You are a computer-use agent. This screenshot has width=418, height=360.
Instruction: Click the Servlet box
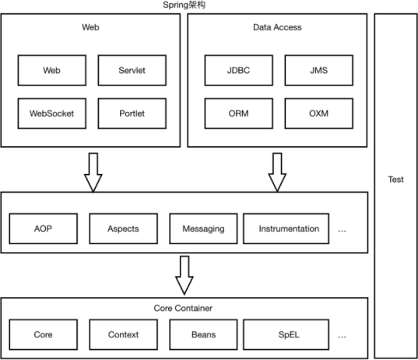pyautogui.click(x=132, y=70)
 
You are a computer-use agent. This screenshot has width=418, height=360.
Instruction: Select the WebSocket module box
pyautogui.click(x=51, y=114)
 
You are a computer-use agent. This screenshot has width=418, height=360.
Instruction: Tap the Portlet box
pyautogui.click(x=132, y=114)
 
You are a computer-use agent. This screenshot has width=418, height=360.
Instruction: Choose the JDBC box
pyautogui.click(x=239, y=70)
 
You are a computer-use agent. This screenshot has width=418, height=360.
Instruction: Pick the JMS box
pyautogui.click(x=319, y=70)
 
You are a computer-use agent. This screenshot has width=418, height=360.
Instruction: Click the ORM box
pyautogui.click(x=239, y=114)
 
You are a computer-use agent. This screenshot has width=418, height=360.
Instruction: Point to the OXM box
pyautogui.click(x=319, y=114)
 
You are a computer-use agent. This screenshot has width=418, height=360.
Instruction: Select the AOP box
pyautogui.click(x=43, y=229)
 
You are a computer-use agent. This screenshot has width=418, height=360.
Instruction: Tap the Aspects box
pyautogui.click(x=124, y=229)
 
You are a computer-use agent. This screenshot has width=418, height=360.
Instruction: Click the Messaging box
pyautogui.click(x=203, y=229)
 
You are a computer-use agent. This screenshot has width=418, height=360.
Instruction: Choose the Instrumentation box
pyautogui.click(x=286, y=229)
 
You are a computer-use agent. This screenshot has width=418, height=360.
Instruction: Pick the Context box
pyautogui.click(x=124, y=334)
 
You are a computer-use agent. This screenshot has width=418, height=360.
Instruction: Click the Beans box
pyautogui.click(x=203, y=334)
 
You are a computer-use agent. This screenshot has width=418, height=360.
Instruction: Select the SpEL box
pyautogui.click(x=286, y=334)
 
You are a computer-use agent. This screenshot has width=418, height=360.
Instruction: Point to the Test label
pyautogui.click(x=396, y=180)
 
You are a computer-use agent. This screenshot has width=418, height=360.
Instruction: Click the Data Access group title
pyautogui.click(x=277, y=27)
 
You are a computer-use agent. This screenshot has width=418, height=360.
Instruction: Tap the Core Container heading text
pyautogui.click(x=183, y=308)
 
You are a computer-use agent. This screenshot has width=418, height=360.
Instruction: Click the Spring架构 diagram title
pyautogui.click(x=184, y=5)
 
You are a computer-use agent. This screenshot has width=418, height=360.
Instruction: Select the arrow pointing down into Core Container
pyautogui.click(x=184, y=275)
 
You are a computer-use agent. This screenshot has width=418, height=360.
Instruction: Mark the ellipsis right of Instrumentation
pyautogui.click(x=342, y=231)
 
